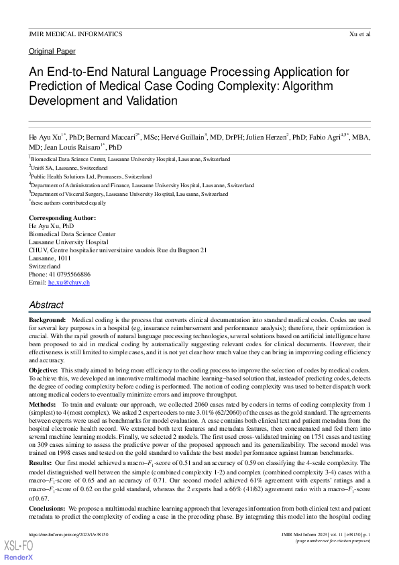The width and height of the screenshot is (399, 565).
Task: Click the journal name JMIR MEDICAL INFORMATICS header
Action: pos(75,34)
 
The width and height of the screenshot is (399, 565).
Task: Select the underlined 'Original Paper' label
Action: pos(52,52)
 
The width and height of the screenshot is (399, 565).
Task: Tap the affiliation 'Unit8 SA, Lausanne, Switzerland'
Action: pos(69,168)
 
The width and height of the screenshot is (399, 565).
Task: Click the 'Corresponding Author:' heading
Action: pos(62,218)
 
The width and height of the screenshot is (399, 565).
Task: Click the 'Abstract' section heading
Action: pos(46,305)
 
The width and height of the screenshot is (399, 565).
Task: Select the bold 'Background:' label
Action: pos(47,322)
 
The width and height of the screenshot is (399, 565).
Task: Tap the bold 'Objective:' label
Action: pos(44,370)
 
